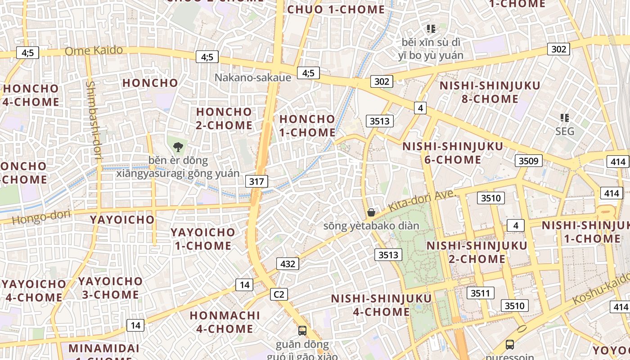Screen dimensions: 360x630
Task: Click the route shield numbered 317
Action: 256,181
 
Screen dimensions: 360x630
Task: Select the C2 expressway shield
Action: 279,294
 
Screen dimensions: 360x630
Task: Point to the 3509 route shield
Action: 528,161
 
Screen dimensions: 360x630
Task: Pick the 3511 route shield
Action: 480,293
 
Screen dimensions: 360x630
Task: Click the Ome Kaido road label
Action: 94,50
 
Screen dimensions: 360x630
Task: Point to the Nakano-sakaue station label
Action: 252,77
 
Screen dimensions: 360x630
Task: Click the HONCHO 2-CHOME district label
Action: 224,118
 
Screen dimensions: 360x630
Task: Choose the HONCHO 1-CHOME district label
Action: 307,126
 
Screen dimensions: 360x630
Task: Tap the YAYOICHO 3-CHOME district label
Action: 110,288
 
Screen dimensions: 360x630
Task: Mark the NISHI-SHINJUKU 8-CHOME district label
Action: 490,92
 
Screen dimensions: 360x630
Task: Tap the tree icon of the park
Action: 178,147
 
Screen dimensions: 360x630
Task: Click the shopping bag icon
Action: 371,212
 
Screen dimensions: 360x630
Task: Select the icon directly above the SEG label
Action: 565,118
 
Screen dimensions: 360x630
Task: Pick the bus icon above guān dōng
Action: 302,331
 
